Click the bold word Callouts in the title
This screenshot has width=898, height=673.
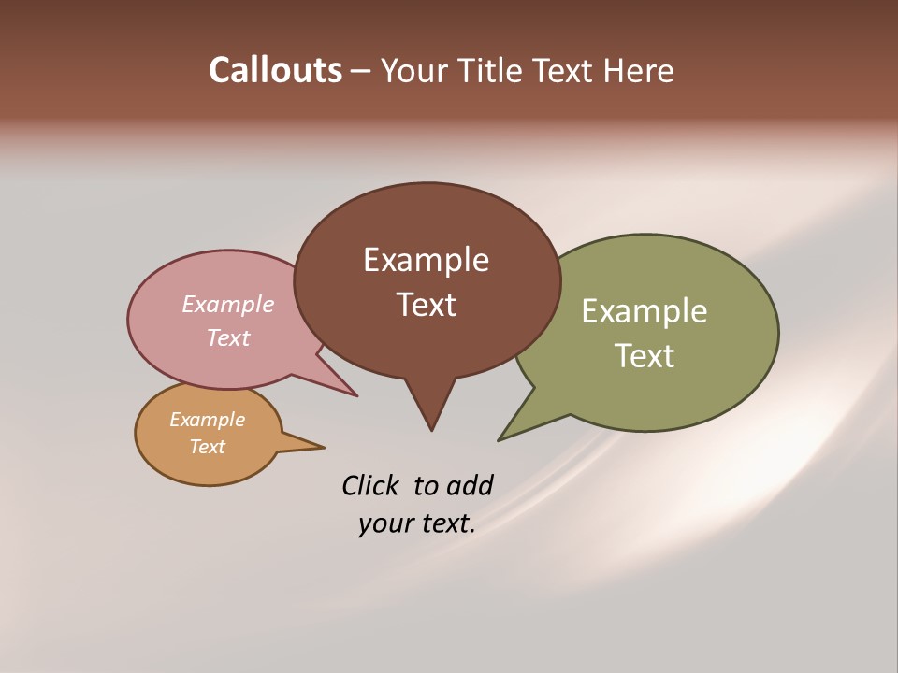point(276,70)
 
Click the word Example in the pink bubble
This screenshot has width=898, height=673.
point(227,305)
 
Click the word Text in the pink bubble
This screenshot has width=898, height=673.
point(227,337)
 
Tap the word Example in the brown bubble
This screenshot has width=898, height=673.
point(426,260)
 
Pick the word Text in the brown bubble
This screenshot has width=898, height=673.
point(426,305)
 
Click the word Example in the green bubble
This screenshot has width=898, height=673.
point(645,311)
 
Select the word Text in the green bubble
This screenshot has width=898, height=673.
point(645,356)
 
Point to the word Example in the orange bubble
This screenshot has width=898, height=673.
point(207,420)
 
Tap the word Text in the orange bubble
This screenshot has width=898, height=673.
point(207,447)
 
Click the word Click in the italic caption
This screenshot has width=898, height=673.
point(370,485)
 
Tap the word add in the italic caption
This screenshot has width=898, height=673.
point(470,485)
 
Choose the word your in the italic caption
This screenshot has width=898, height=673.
point(384,523)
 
